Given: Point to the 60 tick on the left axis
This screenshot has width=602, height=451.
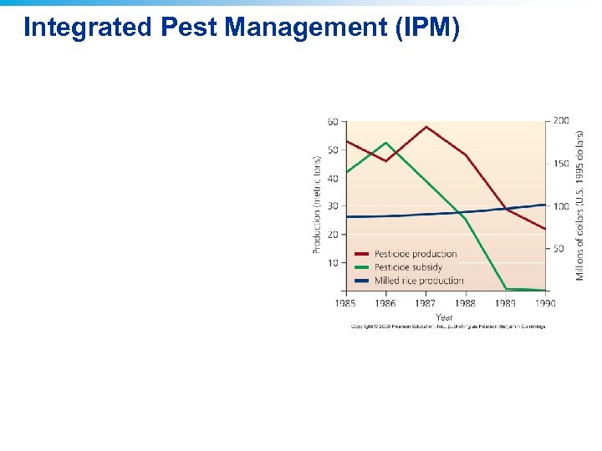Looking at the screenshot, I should [x=333, y=122].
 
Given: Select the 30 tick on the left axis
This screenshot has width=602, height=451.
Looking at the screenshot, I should [x=333, y=206].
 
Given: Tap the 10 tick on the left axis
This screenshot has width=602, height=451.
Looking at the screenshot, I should [x=333, y=263].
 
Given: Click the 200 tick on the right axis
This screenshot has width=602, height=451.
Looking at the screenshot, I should [x=560, y=120].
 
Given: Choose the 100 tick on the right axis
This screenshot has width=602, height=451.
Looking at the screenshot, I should [x=560, y=206].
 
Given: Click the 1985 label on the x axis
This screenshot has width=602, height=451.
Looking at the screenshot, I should [x=345, y=303].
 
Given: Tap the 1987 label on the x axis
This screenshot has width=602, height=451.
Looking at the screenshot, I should [x=426, y=303].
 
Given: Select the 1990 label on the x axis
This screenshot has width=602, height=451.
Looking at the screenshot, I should [x=545, y=303].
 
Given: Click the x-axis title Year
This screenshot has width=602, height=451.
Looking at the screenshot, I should [x=444, y=317].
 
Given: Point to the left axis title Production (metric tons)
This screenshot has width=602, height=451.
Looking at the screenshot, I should [x=318, y=205].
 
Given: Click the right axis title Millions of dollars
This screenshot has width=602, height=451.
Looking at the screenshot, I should [x=580, y=205].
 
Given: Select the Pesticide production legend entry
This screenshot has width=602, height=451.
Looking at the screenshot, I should [x=415, y=254].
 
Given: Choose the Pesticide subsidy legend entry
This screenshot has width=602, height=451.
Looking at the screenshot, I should [x=408, y=267].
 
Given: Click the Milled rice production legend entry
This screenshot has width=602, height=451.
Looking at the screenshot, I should [x=418, y=281].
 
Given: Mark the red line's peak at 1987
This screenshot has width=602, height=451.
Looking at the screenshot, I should [x=426, y=127].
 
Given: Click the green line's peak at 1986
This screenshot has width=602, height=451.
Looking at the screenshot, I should [x=385, y=143].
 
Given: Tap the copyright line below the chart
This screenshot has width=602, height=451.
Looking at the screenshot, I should [x=447, y=327].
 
